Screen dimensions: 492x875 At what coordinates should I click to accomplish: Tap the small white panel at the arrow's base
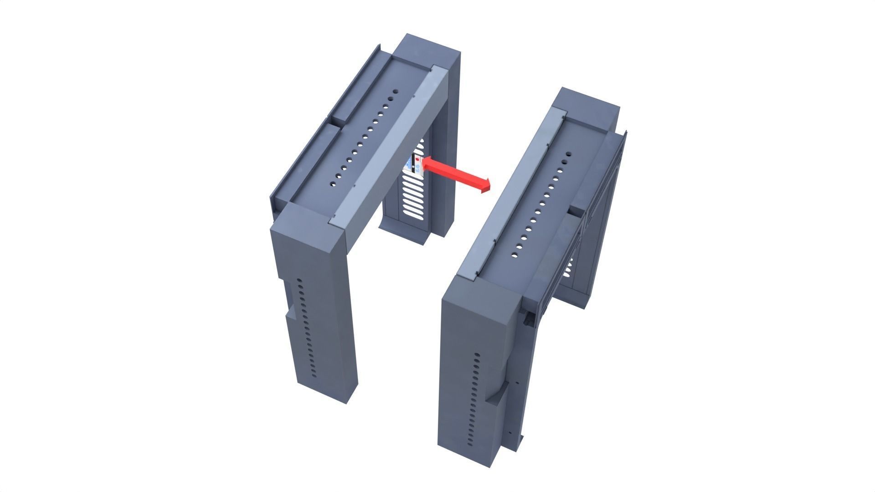click(x=418, y=166)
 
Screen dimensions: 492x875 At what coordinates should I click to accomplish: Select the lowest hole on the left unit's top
click(x=333, y=184)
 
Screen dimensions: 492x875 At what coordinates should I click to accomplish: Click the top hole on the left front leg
click(x=299, y=281)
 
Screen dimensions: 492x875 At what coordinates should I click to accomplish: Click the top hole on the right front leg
click(x=477, y=354)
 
